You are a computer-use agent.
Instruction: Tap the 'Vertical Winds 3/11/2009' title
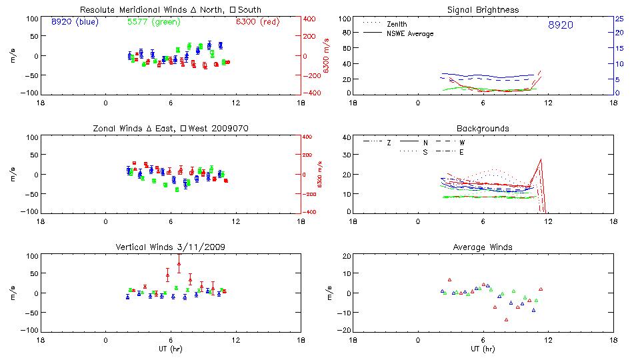tap(171, 247)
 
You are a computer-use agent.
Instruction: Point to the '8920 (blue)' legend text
tap(75, 22)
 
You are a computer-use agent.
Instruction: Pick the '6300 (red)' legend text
tap(258, 22)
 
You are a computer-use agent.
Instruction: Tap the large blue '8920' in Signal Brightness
tap(560, 25)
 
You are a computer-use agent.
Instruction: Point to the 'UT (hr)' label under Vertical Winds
tap(171, 349)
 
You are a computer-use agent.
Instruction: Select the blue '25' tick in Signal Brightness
tap(619, 19)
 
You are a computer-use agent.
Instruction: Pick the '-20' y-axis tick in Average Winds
tap(345, 331)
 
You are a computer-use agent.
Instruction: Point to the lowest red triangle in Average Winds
tap(507, 319)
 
